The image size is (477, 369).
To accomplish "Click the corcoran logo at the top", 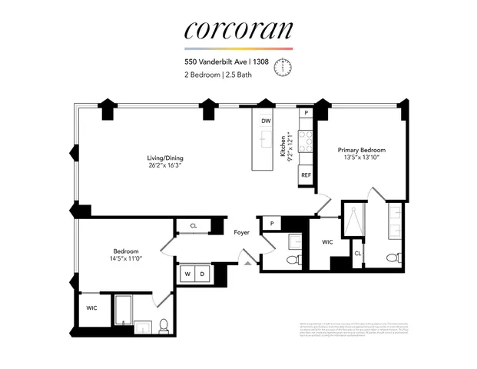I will point(238,30).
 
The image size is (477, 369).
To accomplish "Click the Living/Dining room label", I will point(165,159).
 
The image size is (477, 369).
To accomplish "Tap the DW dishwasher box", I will point(266,121).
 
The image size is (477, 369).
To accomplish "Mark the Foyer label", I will point(242,231).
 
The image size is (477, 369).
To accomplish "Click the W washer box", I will point(186,273).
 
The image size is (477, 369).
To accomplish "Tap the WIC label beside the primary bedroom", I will point(326,242).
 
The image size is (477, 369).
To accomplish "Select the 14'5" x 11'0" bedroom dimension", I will point(126,259).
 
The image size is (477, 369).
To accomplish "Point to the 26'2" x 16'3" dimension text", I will point(165,167).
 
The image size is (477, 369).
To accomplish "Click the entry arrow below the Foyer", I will point(247,263).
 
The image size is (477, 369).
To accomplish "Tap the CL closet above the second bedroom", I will point(193,226).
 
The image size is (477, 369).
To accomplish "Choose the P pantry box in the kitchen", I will point(306,113).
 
